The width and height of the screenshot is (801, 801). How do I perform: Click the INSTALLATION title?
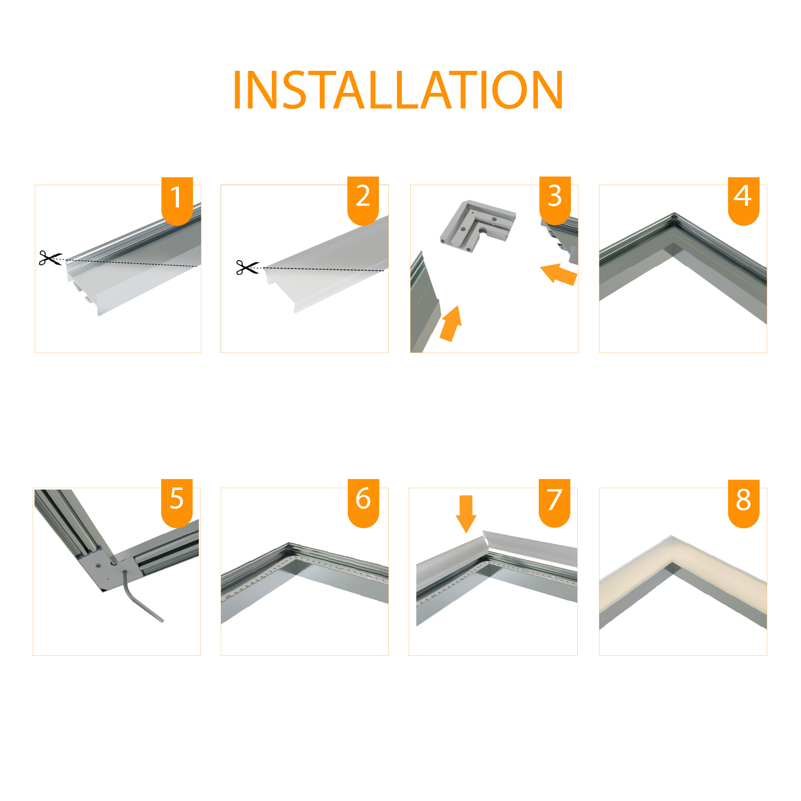pos(398,90)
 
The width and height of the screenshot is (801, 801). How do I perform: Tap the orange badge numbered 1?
pos(177,201)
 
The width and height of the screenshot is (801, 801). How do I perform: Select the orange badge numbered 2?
pos(363,201)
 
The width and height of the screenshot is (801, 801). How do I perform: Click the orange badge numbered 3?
pos(555,201)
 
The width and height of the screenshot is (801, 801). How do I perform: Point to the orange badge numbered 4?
pos(744,201)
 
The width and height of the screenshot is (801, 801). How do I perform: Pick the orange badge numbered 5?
pos(177,503)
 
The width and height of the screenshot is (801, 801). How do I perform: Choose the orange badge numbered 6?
pos(363,503)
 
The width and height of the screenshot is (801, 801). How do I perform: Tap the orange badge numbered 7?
pos(555,503)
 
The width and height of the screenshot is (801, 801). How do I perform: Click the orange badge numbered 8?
pos(744,504)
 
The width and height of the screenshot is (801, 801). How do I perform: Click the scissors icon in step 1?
pos(50,258)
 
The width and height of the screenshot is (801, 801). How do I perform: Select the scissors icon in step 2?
pos(247,267)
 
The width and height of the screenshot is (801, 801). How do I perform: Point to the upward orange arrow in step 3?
pos(451,324)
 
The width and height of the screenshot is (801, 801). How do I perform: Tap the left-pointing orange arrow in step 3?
pos(559,274)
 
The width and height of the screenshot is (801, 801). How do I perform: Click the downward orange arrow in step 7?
pos(466,514)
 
